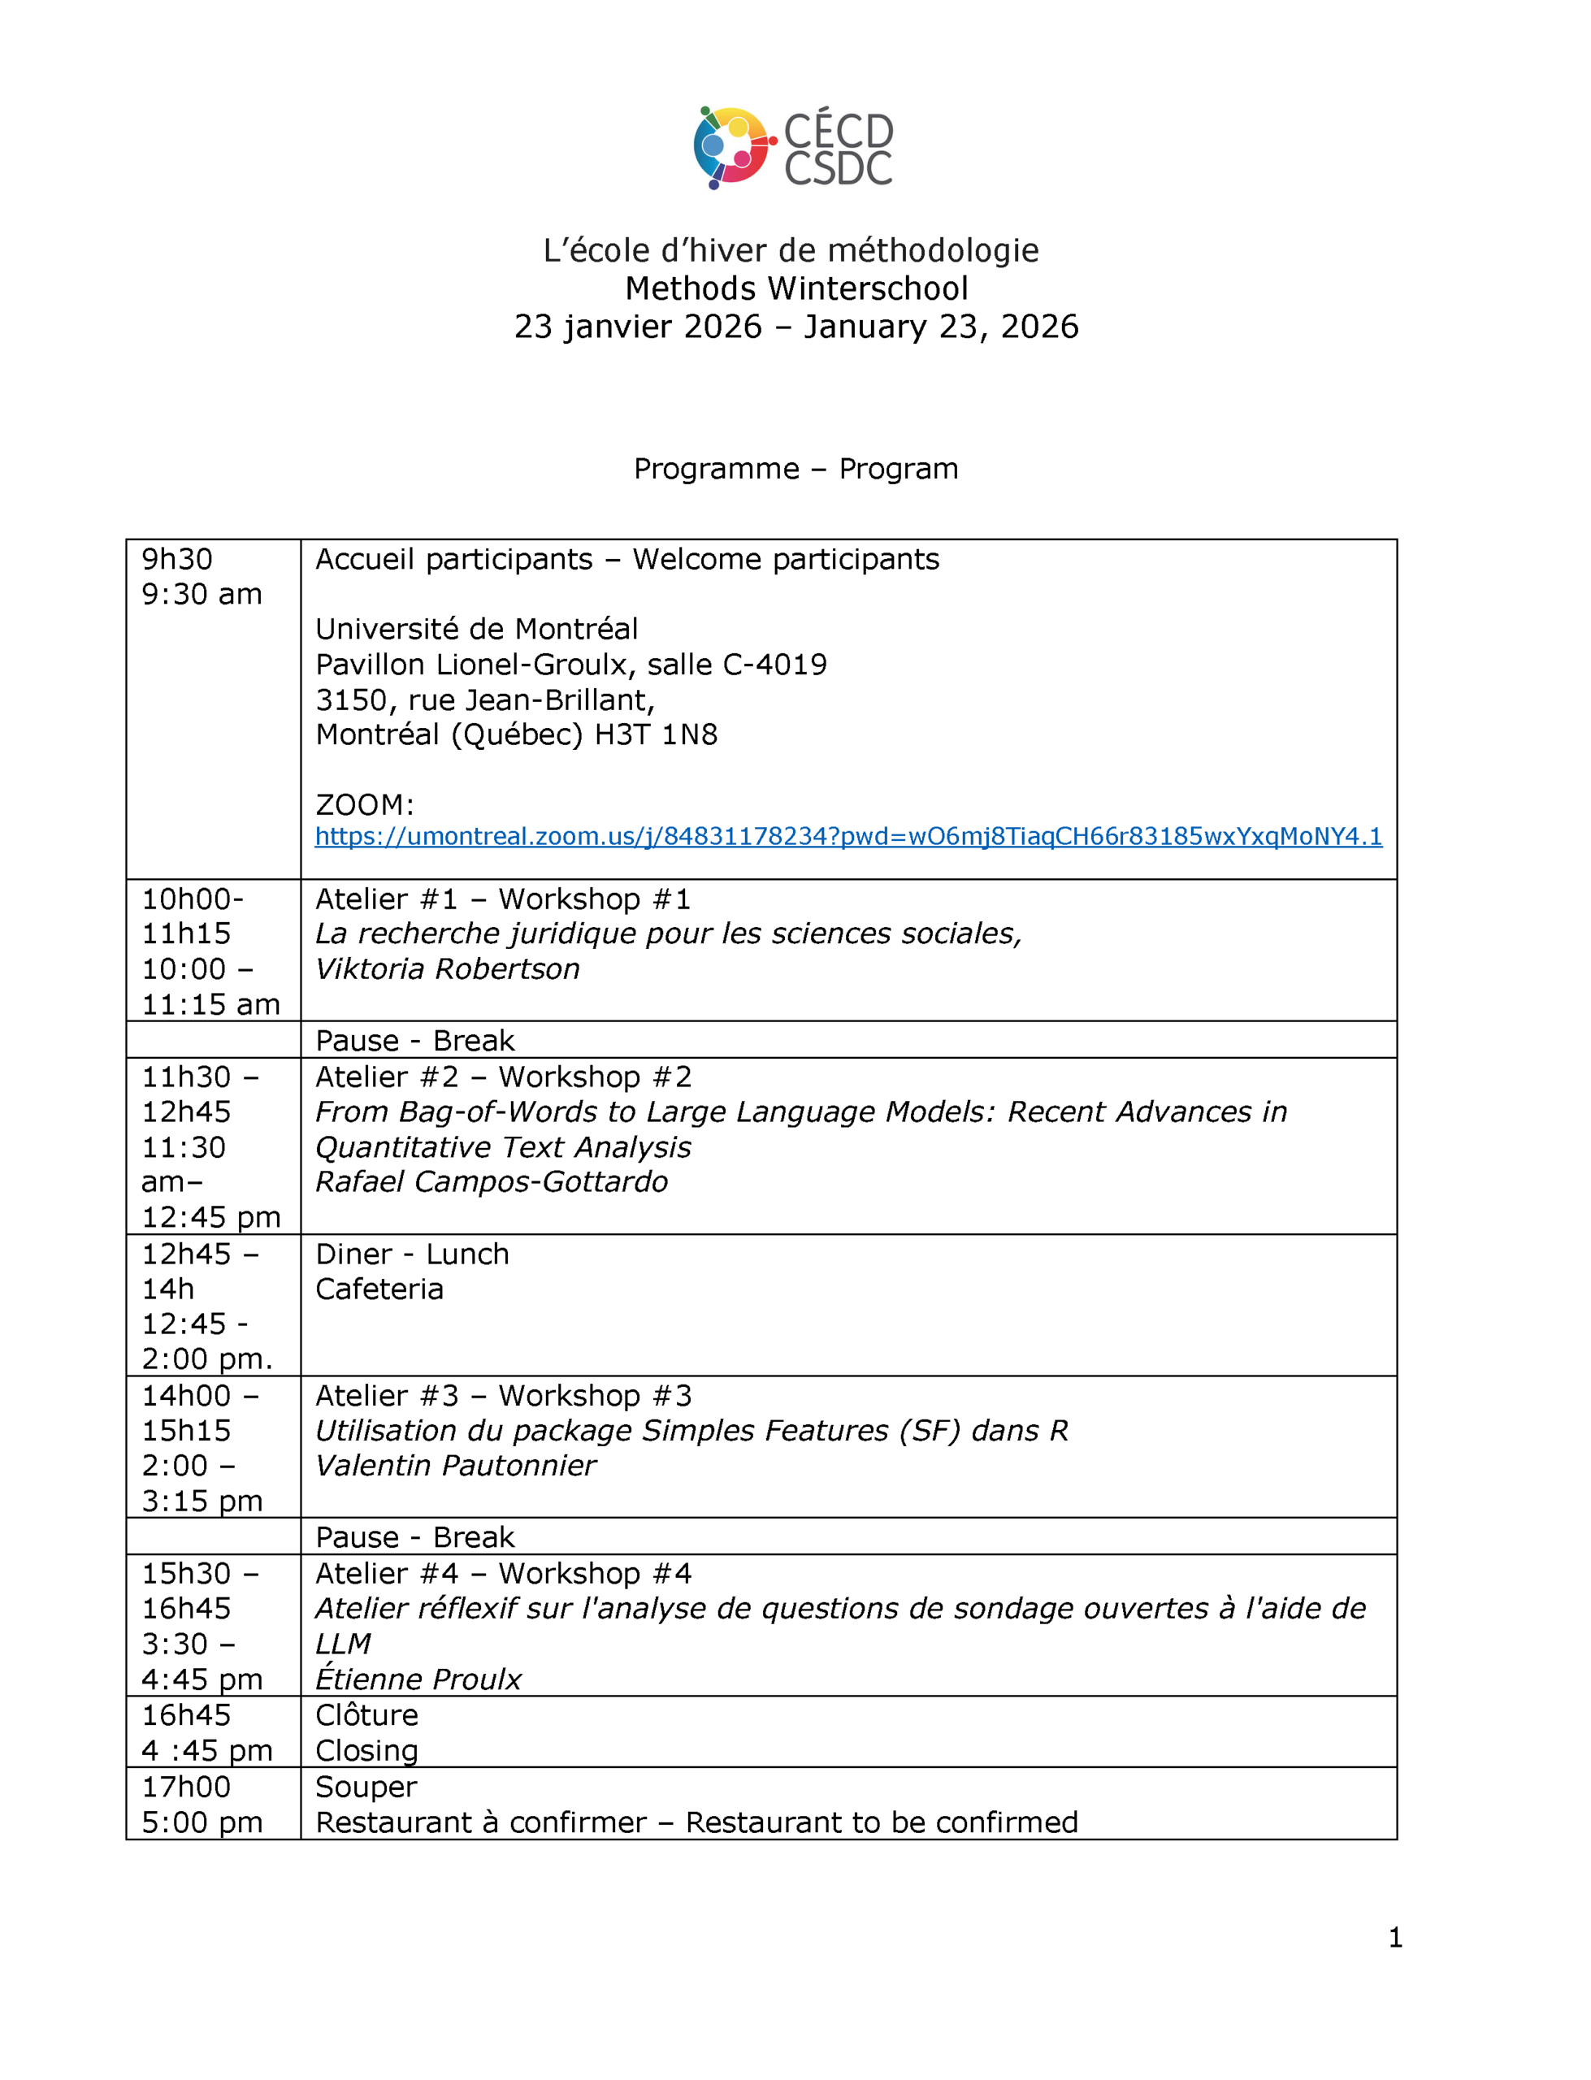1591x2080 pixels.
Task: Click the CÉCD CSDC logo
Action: [794, 148]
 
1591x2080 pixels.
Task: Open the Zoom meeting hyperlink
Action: [848, 836]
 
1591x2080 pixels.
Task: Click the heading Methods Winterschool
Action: [795, 288]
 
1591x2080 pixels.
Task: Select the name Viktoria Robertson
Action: [447, 968]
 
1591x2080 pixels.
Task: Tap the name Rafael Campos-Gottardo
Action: [492, 1181]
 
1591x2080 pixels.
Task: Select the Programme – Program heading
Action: [795, 469]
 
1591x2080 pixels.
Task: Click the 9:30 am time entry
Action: [202, 594]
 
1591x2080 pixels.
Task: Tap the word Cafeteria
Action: [379, 1289]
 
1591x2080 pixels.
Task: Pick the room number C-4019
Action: [774, 665]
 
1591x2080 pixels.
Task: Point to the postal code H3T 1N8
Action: [656, 734]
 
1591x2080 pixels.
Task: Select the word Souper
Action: [366, 1787]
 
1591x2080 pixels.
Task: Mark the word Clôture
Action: [366, 1714]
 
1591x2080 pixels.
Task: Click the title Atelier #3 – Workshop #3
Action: [503, 1396]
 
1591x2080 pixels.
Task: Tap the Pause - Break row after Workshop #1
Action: [414, 1041]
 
